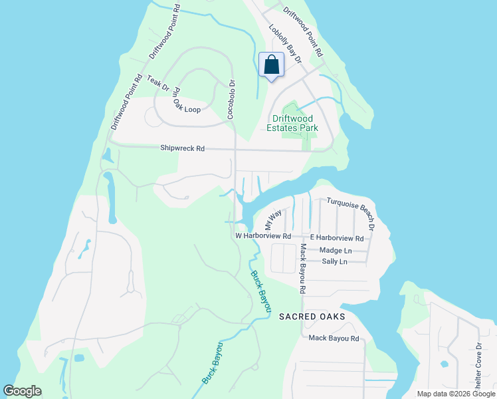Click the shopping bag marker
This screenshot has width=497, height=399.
[271, 66]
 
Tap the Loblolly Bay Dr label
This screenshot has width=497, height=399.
[284, 45]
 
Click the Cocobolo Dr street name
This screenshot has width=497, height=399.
[232, 100]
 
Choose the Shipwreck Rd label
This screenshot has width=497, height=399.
[182, 149]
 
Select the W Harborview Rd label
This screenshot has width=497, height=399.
[263, 236]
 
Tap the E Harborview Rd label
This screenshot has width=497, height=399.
[337, 238]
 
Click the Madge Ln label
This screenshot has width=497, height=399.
[336, 251]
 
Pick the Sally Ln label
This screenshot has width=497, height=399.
[334, 262]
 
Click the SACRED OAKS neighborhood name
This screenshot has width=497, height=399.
[312, 317]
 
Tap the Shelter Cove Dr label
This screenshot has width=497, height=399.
[478, 366]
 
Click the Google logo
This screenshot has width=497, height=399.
[23, 391]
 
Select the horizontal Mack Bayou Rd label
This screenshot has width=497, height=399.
[334, 338]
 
